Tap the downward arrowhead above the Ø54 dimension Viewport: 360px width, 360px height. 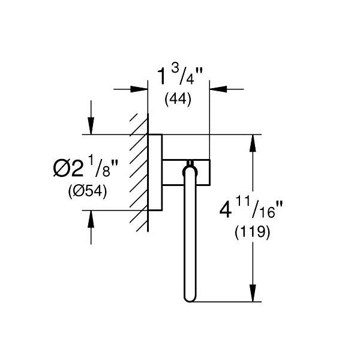pyautogui.click(x=91, y=127)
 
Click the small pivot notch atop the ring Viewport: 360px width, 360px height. pyautogui.click(x=190, y=162)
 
